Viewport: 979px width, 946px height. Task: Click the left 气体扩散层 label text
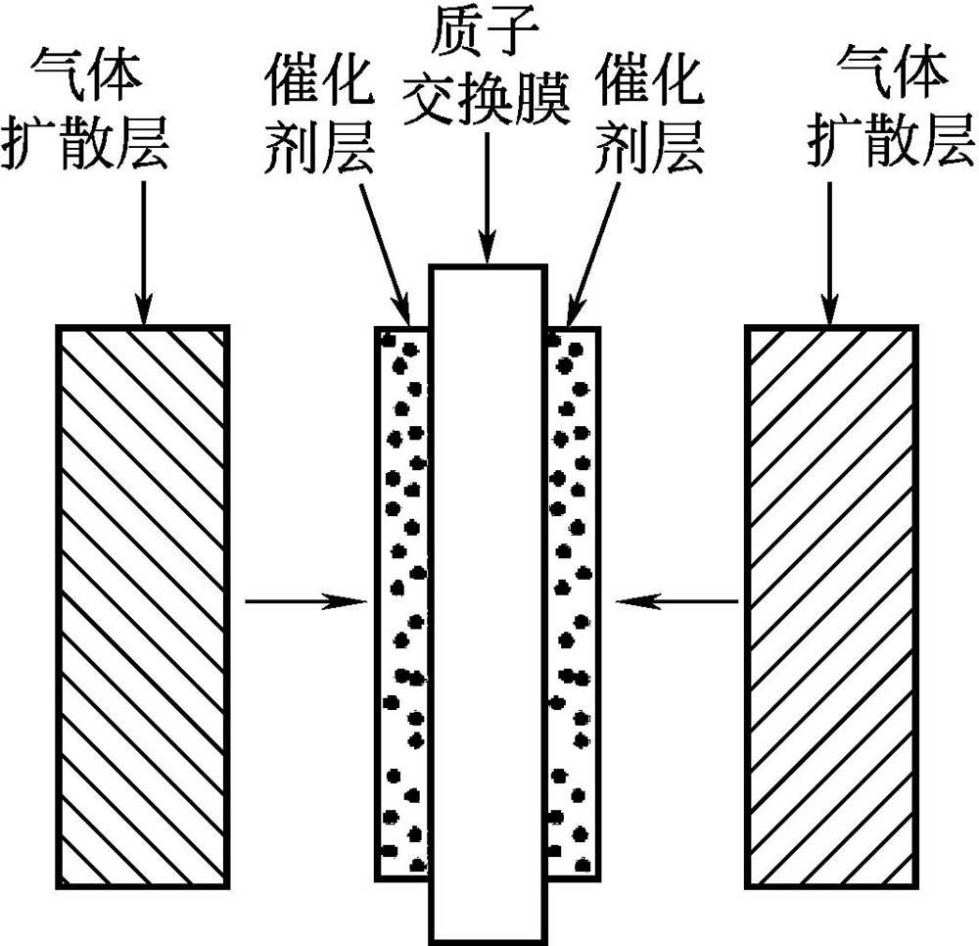pos(86,110)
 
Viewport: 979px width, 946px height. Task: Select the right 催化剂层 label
pos(649,117)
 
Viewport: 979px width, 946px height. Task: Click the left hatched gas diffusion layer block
pos(143,606)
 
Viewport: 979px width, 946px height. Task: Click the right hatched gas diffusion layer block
pos(831,606)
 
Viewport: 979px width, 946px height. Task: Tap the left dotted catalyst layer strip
pos(401,603)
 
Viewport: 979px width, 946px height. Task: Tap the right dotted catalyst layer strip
pos(574,603)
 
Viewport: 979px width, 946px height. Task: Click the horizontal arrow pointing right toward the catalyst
pos(305,601)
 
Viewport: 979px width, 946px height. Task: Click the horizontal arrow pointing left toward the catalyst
pos(676,601)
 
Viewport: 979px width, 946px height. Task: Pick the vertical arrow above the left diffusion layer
pos(143,253)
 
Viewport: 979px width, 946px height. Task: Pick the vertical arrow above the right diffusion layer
pos(830,253)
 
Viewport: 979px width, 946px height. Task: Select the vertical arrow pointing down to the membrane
pos(487,198)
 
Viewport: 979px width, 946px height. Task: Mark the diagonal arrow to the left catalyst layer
pos(385,253)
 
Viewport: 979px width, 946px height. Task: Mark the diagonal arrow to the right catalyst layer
pos(593,253)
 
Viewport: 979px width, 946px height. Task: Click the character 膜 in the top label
pos(542,98)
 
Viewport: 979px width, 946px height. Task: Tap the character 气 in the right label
pos(862,71)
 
